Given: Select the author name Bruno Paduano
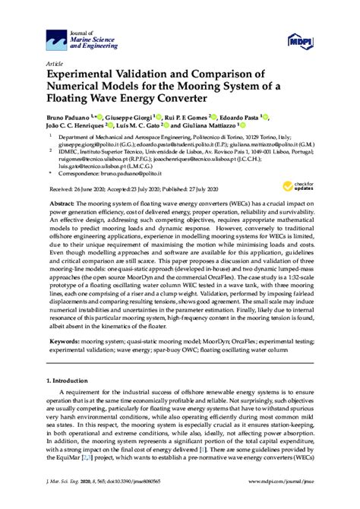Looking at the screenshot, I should (x=71, y=120).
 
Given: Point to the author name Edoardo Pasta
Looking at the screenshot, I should (x=237, y=120).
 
